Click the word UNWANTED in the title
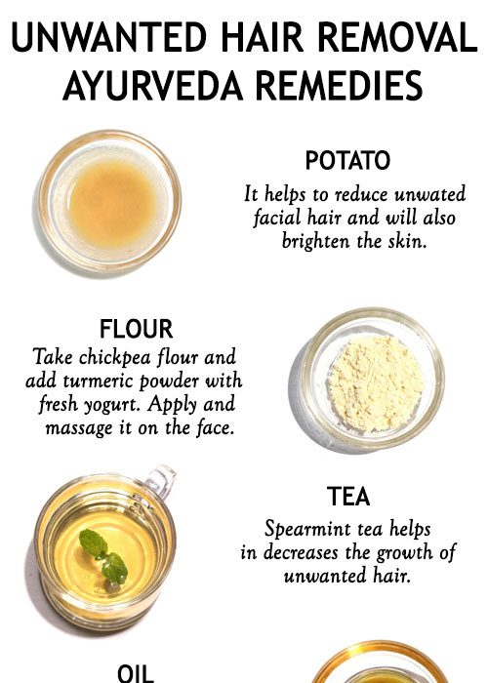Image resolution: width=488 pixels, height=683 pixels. click(109, 37)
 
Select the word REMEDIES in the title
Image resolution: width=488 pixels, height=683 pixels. click(339, 85)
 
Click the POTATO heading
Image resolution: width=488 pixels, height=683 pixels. click(347, 160)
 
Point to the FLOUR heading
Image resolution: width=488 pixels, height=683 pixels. click(136, 329)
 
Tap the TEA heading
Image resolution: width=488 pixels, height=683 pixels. click(348, 497)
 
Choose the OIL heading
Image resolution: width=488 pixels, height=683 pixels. click(136, 673)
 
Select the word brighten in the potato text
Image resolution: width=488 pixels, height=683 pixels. click(316, 241)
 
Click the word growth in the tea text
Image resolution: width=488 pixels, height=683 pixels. click(404, 553)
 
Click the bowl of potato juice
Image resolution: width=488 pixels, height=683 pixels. click(109, 201)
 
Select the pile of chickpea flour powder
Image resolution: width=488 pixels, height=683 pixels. click(376, 383)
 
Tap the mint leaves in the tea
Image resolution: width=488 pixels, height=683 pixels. click(104, 556)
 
